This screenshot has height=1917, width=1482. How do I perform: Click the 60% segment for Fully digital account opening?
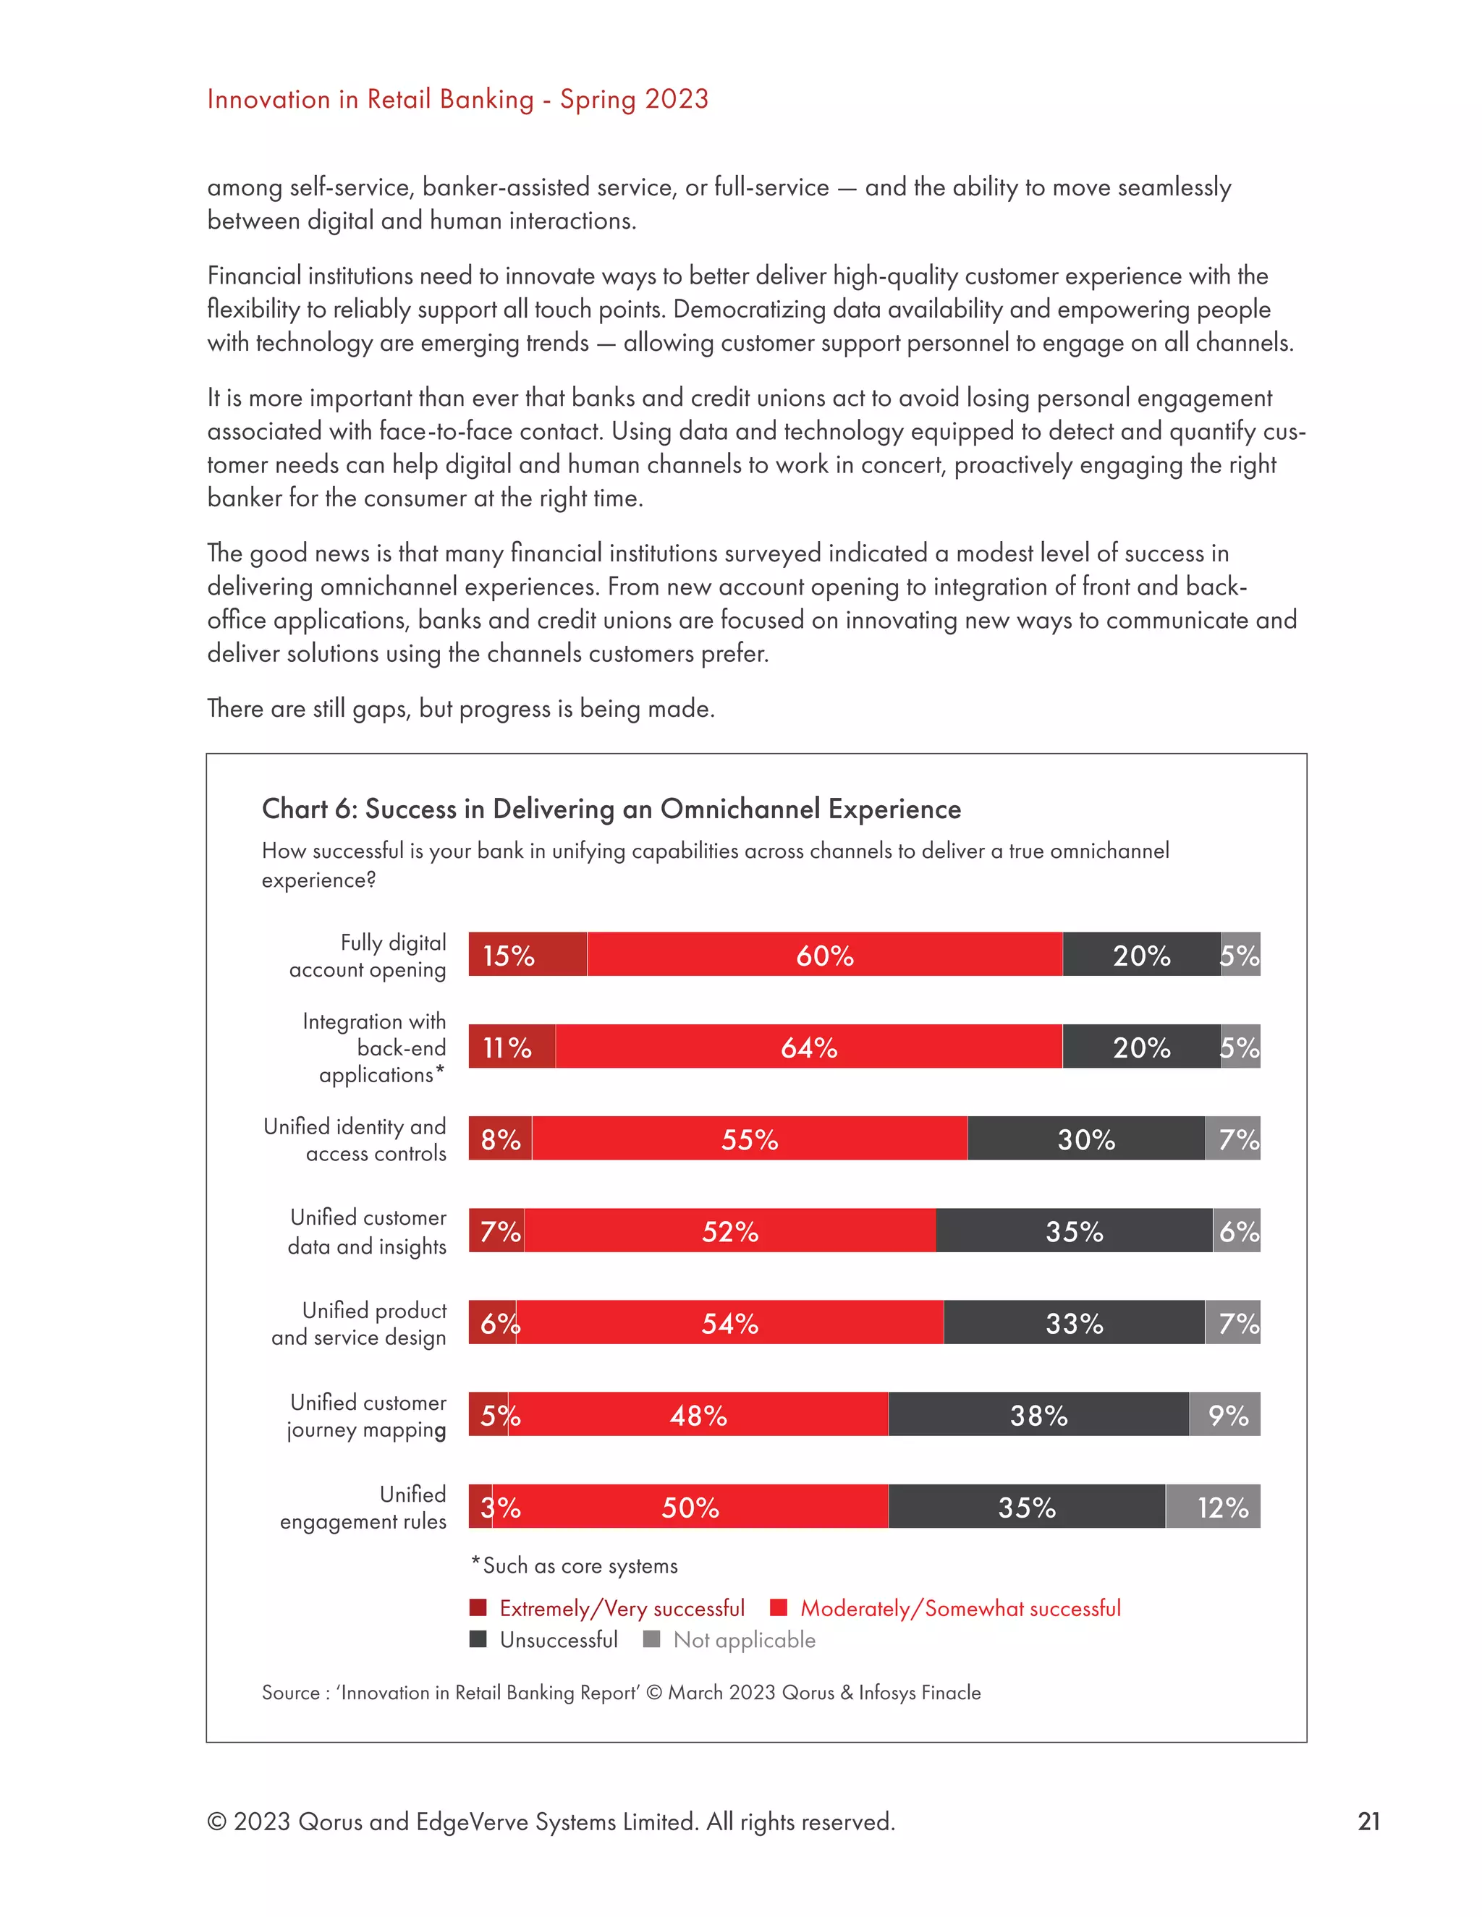[824, 954]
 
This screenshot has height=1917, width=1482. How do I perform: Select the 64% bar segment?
[808, 1046]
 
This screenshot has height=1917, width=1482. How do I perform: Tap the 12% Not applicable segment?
[1214, 1506]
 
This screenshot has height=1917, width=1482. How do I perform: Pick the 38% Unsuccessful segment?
[1038, 1414]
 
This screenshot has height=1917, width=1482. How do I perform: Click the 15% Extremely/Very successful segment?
[528, 954]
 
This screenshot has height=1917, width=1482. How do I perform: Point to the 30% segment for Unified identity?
[1086, 1139]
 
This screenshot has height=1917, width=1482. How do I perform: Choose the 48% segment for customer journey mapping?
[698, 1414]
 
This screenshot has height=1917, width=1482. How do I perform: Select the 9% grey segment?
[1226, 1414]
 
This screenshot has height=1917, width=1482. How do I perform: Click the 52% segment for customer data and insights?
[729, 1230]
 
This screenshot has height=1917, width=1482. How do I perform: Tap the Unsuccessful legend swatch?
[478, 1638]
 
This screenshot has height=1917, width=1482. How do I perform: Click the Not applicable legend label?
[744, 1640]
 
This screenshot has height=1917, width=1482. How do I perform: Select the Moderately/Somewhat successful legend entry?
[960, 1608]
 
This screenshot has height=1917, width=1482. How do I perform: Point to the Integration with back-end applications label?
[375, 1047]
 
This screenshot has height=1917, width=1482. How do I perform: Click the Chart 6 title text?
[611, 809]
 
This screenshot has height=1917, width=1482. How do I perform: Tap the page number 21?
[1368, 1822]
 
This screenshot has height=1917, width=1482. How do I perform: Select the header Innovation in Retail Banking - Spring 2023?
[457, 99]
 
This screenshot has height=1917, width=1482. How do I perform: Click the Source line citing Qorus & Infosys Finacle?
[621, 1692]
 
